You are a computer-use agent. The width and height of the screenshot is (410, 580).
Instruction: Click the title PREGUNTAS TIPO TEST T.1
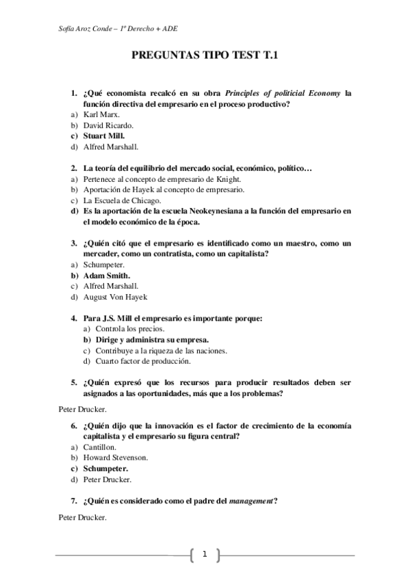205,60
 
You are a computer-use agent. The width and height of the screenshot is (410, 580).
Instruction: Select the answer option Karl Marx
101,114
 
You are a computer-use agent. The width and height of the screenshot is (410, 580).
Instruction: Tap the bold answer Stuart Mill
104,135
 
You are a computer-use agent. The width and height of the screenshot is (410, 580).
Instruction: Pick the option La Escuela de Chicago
122,200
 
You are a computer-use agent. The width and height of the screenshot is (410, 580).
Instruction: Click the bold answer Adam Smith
106,275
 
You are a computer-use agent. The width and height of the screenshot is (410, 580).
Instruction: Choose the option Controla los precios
125,328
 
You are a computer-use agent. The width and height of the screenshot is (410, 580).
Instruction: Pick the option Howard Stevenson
116,458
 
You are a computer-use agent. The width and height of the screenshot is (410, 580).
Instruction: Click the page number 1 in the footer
204,554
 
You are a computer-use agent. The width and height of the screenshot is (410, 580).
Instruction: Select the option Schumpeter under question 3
105,264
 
